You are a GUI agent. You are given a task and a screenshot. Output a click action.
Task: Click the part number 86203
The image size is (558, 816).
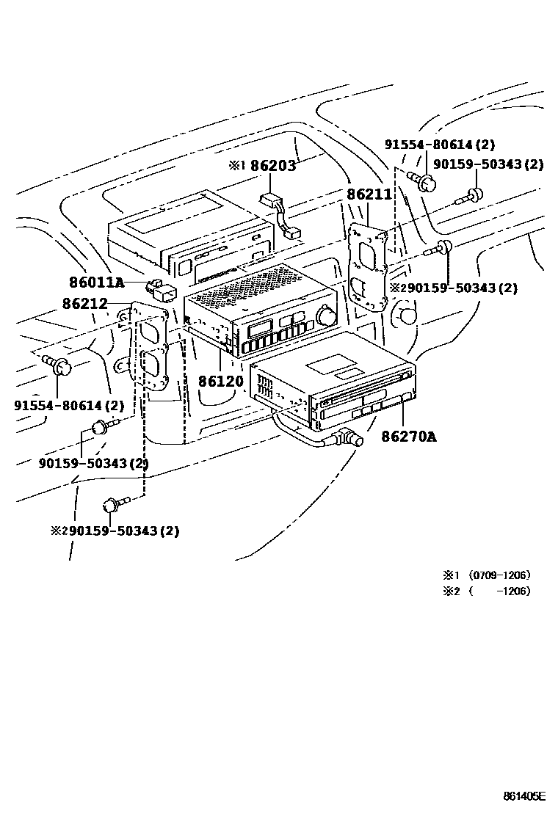[272, 166]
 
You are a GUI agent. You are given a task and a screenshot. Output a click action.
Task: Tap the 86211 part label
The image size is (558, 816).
[369, 194]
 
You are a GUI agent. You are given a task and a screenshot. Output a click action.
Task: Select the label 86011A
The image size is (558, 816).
[97, 283]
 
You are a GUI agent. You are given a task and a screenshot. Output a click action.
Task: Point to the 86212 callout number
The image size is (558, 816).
[84, 304]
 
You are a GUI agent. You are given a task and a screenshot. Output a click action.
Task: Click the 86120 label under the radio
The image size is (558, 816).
[221, 381]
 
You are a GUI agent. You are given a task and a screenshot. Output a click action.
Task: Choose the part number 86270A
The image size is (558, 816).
[408, 437]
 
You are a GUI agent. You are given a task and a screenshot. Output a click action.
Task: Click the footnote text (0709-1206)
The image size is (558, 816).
[499, 575]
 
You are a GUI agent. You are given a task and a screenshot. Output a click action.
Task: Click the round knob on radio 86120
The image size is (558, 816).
[325, 316]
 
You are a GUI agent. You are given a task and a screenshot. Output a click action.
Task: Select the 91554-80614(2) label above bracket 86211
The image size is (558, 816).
[441, 145]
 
